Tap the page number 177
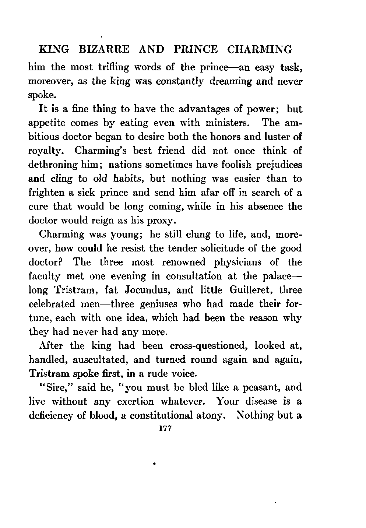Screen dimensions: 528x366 tap(162, 429)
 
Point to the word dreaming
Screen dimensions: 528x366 tap(230, 81)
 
